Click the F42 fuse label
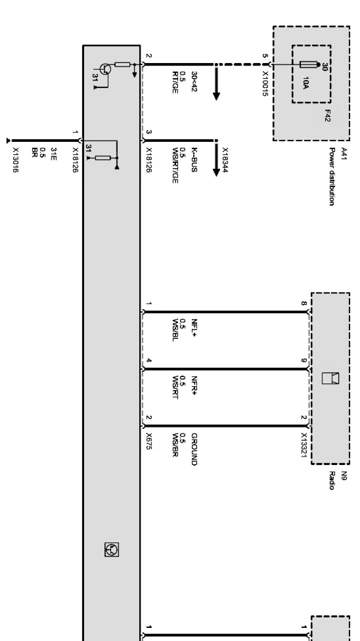[x=327, y=115]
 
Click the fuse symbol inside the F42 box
[x=309, y=65]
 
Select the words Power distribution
[x=332, y=176]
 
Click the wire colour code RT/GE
[x=175, y=82]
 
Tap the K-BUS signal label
[x=194, y=159]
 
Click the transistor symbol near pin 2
[x=105, y=69]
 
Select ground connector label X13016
[x=15, y=160]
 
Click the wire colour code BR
[x=35, y=152]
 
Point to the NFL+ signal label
[x=194, y=327]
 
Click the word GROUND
[x=194, y=449]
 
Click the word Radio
[x=332, y=480]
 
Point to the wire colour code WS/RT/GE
[x=175, y=166]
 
